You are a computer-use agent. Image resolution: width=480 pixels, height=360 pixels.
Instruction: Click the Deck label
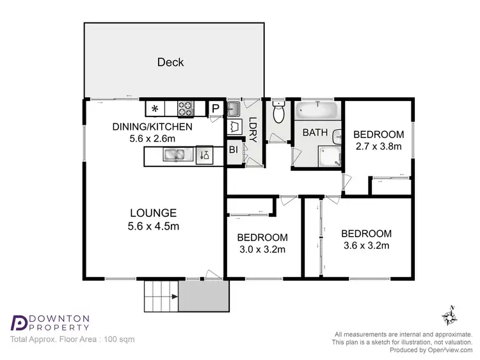170,62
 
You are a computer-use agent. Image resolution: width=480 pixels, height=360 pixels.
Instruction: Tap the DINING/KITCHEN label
152,127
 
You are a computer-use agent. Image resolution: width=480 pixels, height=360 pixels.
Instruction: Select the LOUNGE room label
153,213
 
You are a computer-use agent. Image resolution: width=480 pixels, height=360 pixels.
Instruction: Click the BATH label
315,133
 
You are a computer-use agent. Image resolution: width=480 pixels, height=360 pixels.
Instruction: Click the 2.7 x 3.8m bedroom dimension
378,146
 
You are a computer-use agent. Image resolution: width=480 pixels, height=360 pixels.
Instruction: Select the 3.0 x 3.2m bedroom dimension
262,249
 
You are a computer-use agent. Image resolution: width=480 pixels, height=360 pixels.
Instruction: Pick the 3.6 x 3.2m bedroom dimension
365,245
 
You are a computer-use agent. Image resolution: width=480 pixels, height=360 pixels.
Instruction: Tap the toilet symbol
278,113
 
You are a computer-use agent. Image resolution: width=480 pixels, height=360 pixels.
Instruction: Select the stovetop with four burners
186,109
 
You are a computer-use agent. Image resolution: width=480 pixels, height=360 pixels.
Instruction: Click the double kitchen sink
173,155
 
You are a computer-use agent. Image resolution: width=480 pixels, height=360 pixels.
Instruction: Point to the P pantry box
216,109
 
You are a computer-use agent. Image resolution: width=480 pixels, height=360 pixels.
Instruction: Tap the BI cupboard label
233,150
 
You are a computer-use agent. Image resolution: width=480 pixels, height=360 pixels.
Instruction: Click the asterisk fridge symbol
155,109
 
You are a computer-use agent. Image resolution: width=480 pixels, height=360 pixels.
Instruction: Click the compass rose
450,315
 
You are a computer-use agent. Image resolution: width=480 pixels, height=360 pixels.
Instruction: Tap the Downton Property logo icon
20,322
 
